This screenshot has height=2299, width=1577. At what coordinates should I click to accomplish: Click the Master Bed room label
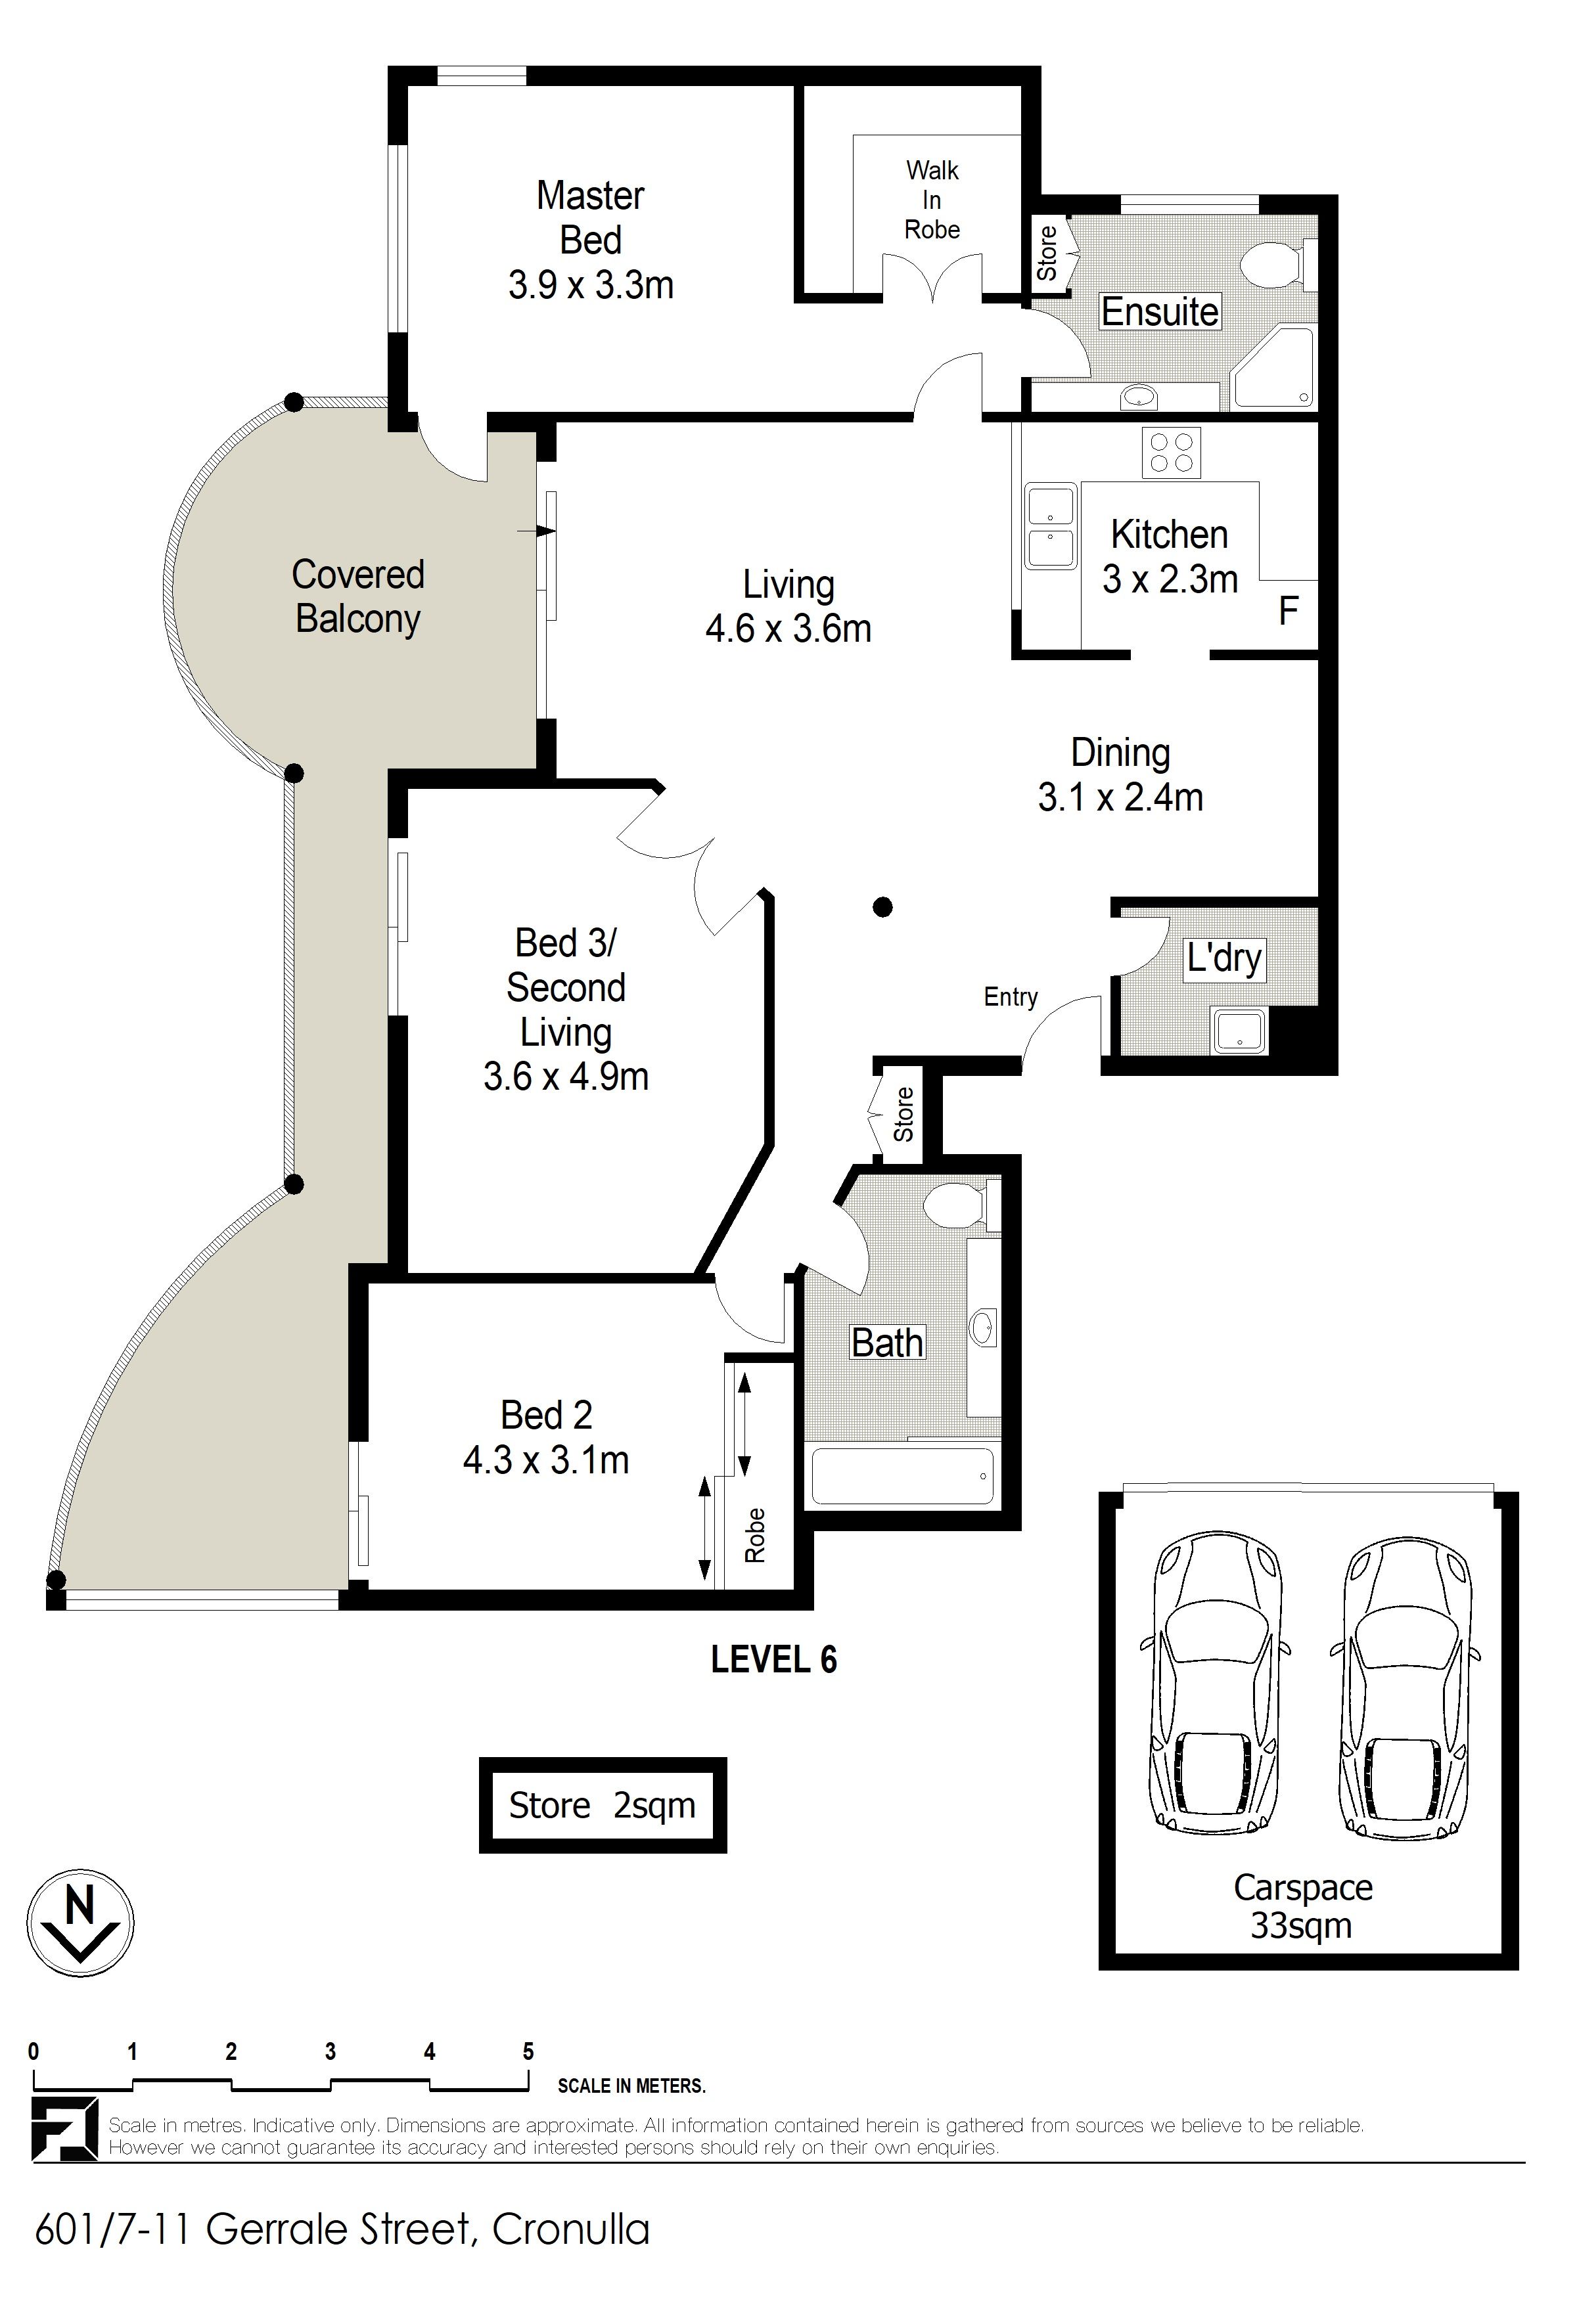pyautogui.click(x=591, y=240)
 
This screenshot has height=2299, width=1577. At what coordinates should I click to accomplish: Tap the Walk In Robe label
pyautogui.click(x=932, y=200)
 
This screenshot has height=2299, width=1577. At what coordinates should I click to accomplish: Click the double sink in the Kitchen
pyautogui.click(x=1049, y=525)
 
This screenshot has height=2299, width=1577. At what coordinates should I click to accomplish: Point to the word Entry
pyautogui.click(x=1010, y=997)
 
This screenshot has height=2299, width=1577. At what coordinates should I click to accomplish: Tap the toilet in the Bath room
pyautogui.click(x=961, y=1204)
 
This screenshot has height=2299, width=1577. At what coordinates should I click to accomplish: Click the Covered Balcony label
pyautogui.click(x=358, y=596)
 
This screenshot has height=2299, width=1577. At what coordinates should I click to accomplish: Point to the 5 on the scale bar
pyautogui.click(x=528, y=2051)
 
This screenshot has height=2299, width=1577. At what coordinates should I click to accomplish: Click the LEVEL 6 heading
pyautogui.click(x=773, y=1659)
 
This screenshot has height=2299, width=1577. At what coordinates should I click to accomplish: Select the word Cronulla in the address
pyautogui.click(x=571, y=2230)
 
